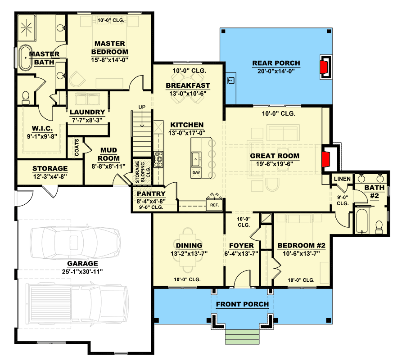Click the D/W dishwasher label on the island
(x=196, y=172)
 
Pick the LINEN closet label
(x=342, y=179)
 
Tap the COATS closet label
(x=77, y=147)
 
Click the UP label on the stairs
(x=142, y=107)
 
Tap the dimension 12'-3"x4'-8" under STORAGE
(x=50, y=176)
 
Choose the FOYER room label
(x=241, y=246)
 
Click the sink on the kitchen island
(x=196, y=158)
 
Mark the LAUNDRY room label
(x=87, y=112)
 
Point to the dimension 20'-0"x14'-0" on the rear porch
(x=276, y=71)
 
